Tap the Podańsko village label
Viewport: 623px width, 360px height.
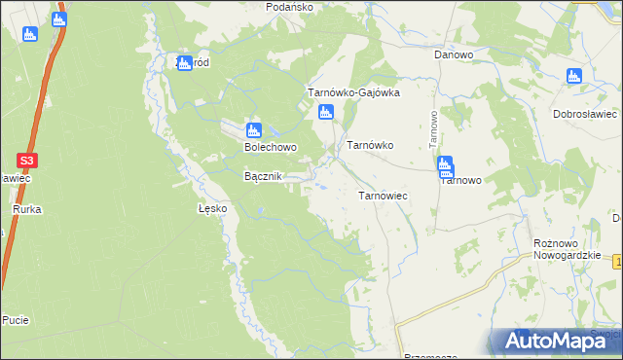tap(289, 7)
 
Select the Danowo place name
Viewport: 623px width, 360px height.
tap(453, 55)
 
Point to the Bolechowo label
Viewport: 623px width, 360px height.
tap(270, 149)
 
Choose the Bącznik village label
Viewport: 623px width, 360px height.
tap(262, 176)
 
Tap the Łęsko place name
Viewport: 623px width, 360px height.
tap(212, 208)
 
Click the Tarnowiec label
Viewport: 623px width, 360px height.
tap(383, 196)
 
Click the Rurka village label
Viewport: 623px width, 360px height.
tap(25, 209)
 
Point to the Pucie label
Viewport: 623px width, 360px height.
tap(15, 319)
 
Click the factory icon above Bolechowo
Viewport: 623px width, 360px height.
tap(254, 130)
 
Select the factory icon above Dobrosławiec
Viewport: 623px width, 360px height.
tap(573, 76)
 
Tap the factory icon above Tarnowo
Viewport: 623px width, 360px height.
tap(445, 164)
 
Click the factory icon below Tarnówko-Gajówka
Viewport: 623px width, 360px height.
tap(326, 113)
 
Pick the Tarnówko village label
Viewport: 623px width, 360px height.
tap(370, 145)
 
